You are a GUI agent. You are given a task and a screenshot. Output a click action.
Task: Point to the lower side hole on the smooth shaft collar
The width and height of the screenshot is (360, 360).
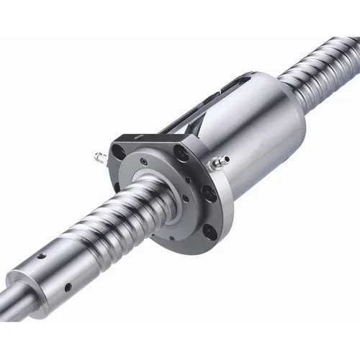(68, 287)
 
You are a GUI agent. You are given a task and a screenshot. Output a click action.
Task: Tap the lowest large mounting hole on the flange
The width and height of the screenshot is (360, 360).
(210, 231)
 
